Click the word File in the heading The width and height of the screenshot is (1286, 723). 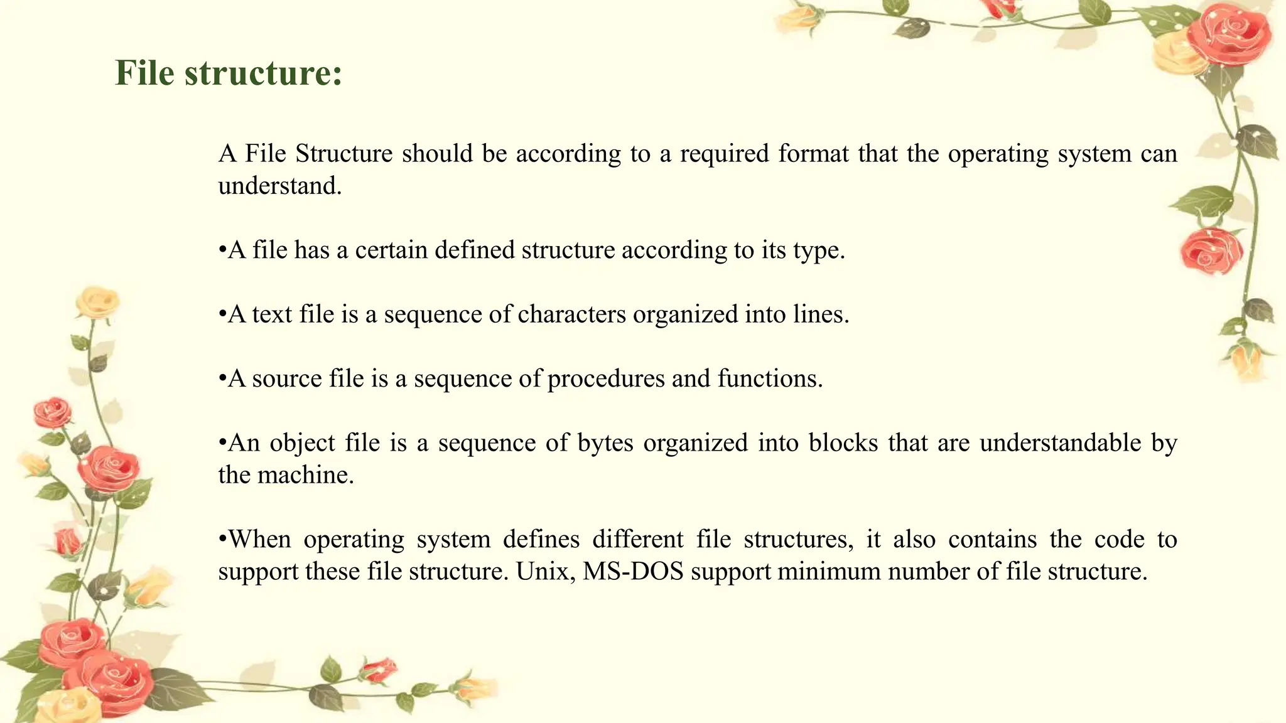144,73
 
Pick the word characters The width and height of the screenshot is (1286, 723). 571,314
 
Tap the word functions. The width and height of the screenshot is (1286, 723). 770,379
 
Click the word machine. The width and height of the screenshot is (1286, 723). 306,476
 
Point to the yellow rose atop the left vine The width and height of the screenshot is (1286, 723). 97,303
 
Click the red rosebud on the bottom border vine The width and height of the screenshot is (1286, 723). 380,670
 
